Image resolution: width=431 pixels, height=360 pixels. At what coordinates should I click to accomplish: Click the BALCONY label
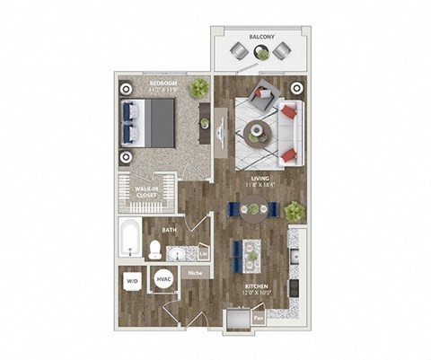coord(261,38)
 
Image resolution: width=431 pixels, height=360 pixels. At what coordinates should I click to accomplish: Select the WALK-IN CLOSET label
coord(148,194)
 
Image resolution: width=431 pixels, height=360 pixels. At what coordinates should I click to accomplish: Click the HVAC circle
coord(164,280)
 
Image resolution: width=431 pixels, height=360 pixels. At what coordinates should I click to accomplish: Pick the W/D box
coord(132,281)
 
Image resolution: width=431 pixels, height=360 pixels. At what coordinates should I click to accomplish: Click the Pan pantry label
coord(258,317)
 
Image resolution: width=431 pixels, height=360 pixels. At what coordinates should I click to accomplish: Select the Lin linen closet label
coord(204,254)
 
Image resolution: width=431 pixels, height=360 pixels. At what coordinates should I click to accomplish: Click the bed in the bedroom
coord(148,121)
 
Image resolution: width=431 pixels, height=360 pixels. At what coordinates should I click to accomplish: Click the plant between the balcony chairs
coord(260,53)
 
